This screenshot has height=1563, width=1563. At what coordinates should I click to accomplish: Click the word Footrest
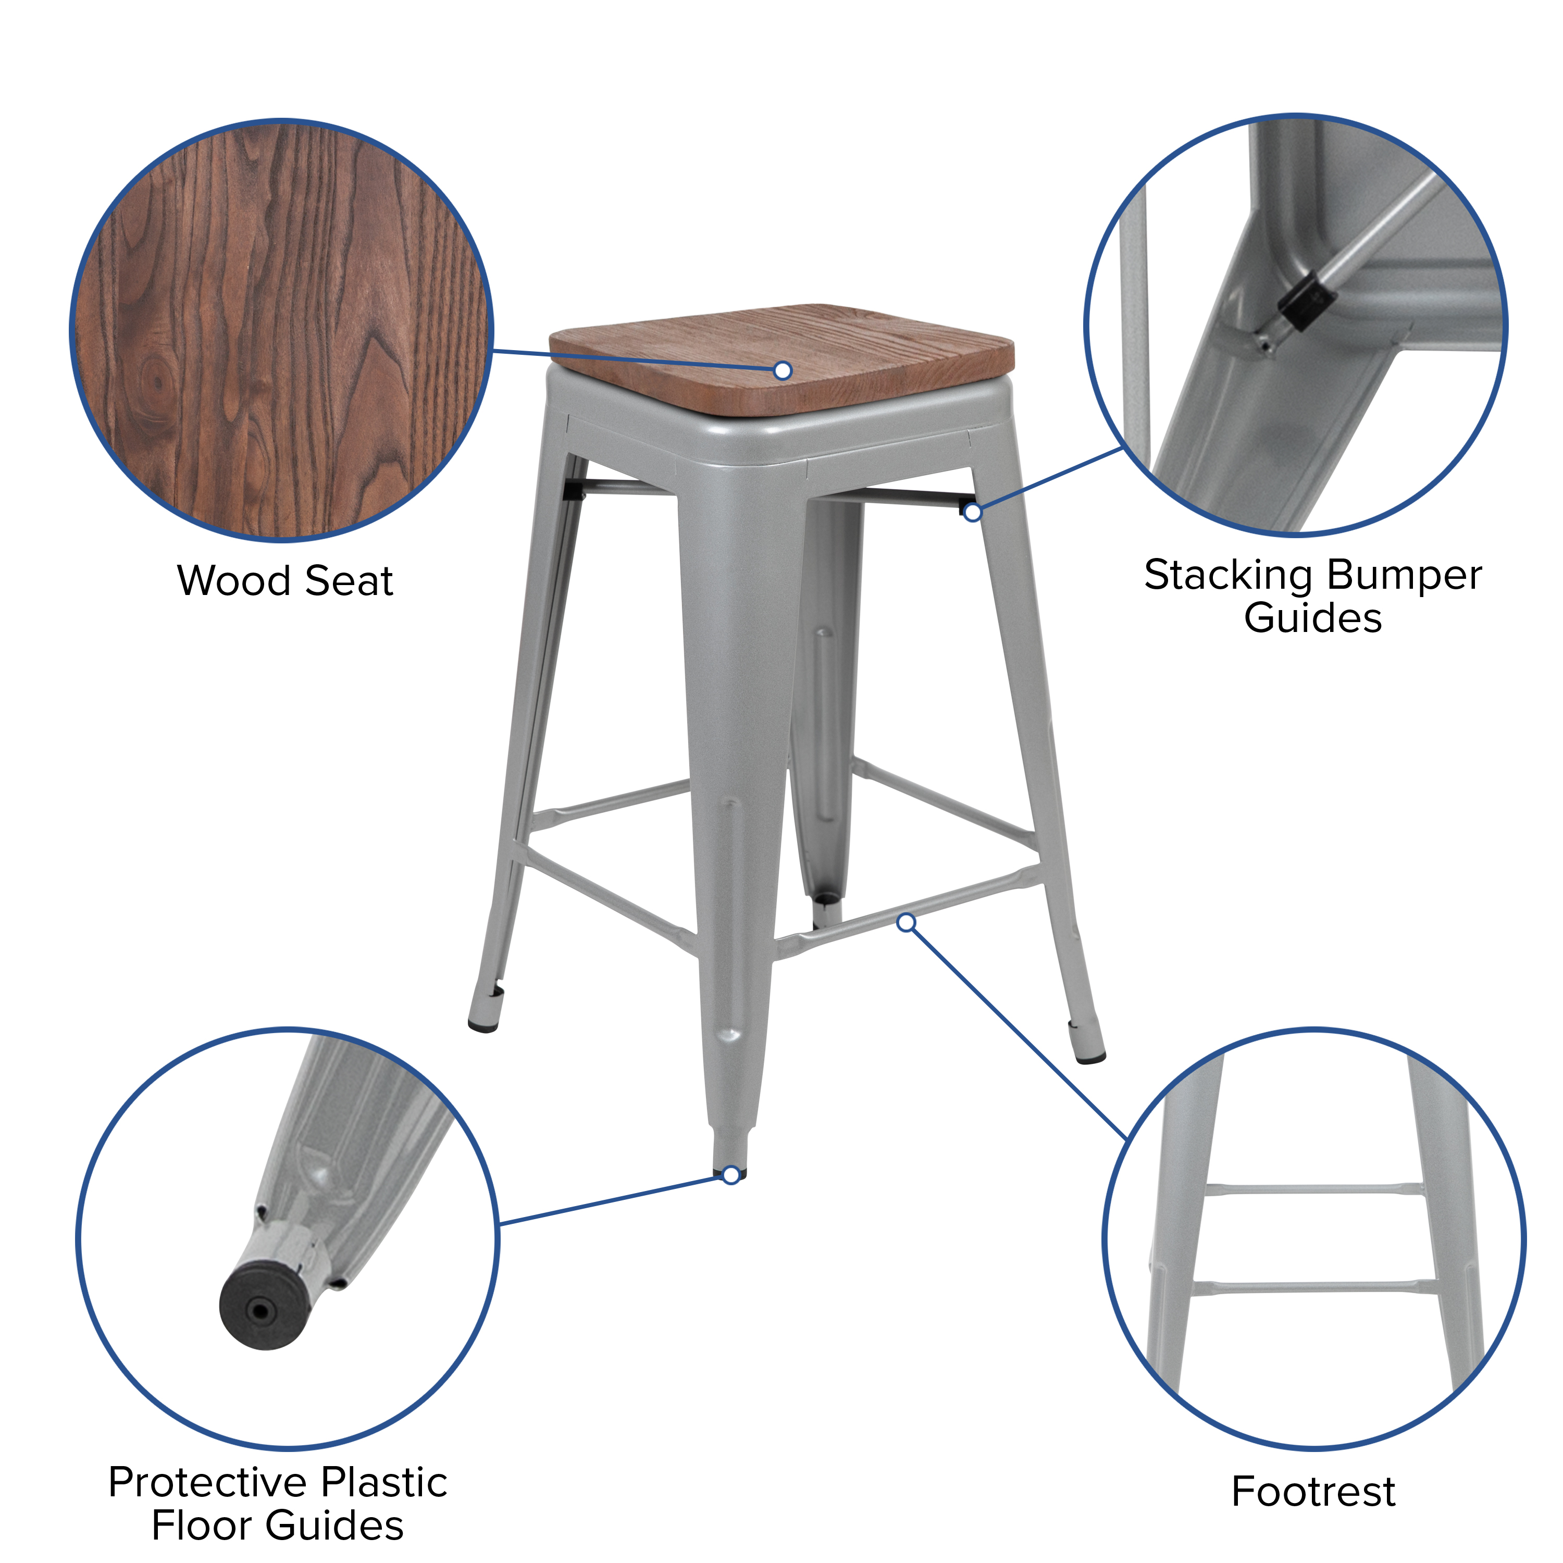(1313, 1491)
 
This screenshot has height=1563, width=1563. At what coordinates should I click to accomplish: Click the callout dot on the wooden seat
(783, 370)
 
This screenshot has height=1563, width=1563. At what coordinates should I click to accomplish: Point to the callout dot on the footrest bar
(907, 922)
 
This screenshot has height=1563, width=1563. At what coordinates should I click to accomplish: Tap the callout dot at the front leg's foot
(730, 1175)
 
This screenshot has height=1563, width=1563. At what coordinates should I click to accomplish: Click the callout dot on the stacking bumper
(972, 512)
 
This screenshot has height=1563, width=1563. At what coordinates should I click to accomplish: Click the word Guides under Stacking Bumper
(1312, 619)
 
